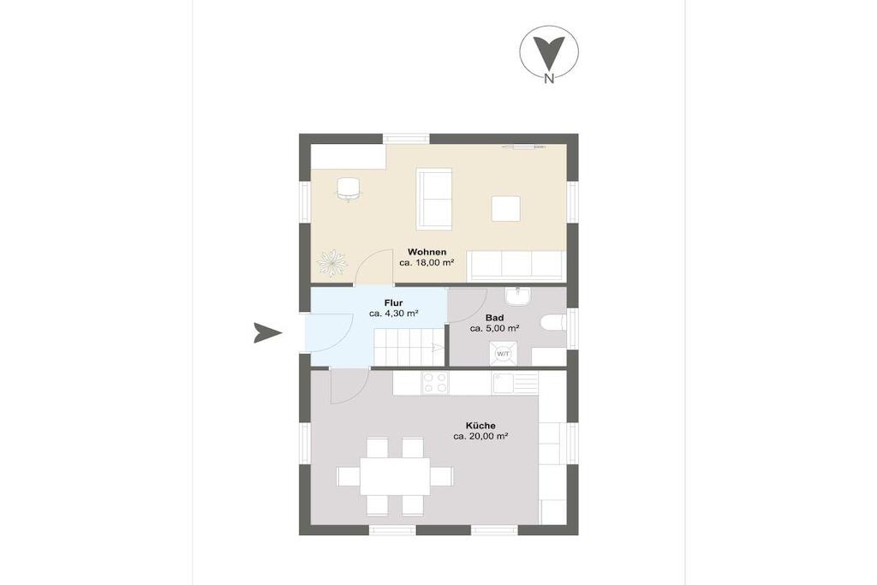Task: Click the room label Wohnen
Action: (x=427, y=252)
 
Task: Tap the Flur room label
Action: (x=393, y=303)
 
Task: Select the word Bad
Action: (x=494, y=318)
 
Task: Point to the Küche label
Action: (x=480, y=426)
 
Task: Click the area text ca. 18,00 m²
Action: (x=427, y=262)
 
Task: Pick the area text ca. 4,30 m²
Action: (x=394, y=313)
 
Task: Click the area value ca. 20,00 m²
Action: (x=480, y=436)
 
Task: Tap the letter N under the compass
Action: (x=549, y=79)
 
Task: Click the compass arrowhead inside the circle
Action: (x=549, y=52)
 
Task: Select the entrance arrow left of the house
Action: (x=267, y=333)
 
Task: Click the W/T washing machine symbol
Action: (x=503, y=354)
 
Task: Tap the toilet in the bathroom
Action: (x=554, y=324)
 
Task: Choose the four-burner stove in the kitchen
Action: (x=435, y=383)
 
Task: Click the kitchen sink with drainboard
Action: (x=515, y=383)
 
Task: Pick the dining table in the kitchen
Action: (x=395, y=476)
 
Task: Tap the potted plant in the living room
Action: (x=331, y=262)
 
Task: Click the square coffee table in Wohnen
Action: (x=506, y=209)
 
